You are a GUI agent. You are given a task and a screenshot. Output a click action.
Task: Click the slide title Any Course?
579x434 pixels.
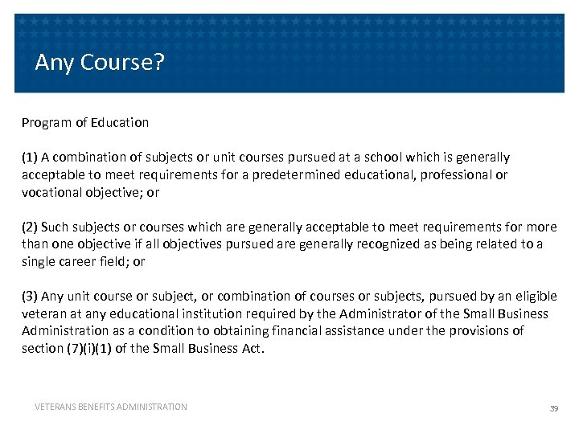pyautogui.click(x=100, y=63)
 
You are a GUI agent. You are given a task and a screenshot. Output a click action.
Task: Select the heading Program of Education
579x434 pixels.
pyautogui.click(x=85, y=123)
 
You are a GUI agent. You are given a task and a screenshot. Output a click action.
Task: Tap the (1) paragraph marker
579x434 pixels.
pyautogui.click(x=30, y=158)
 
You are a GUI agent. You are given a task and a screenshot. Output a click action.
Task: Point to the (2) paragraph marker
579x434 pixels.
pyautogui.click(x=30, y=227)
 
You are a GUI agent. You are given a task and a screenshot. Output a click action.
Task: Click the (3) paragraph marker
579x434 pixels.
pyautogui.click(x=30, y=297)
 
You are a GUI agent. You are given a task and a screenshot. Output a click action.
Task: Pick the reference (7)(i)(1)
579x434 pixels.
pyautogui.click(x=99, y=349)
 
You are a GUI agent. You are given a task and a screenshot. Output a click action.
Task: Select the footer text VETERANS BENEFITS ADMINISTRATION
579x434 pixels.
pyautogui.click(x=111, y=407)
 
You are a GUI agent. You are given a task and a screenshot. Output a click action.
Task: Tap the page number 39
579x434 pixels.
pyautogui.click(x=553, y=408)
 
